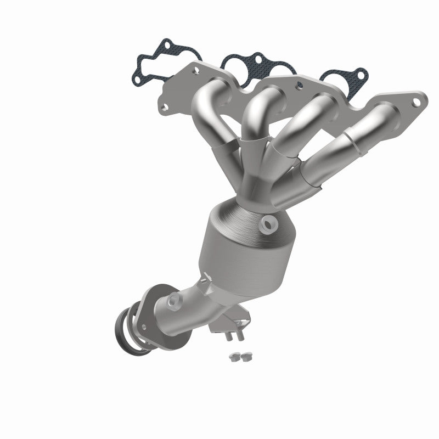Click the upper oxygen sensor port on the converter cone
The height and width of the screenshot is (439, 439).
pos(269,222)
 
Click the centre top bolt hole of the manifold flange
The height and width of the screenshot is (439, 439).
pos(300,86)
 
